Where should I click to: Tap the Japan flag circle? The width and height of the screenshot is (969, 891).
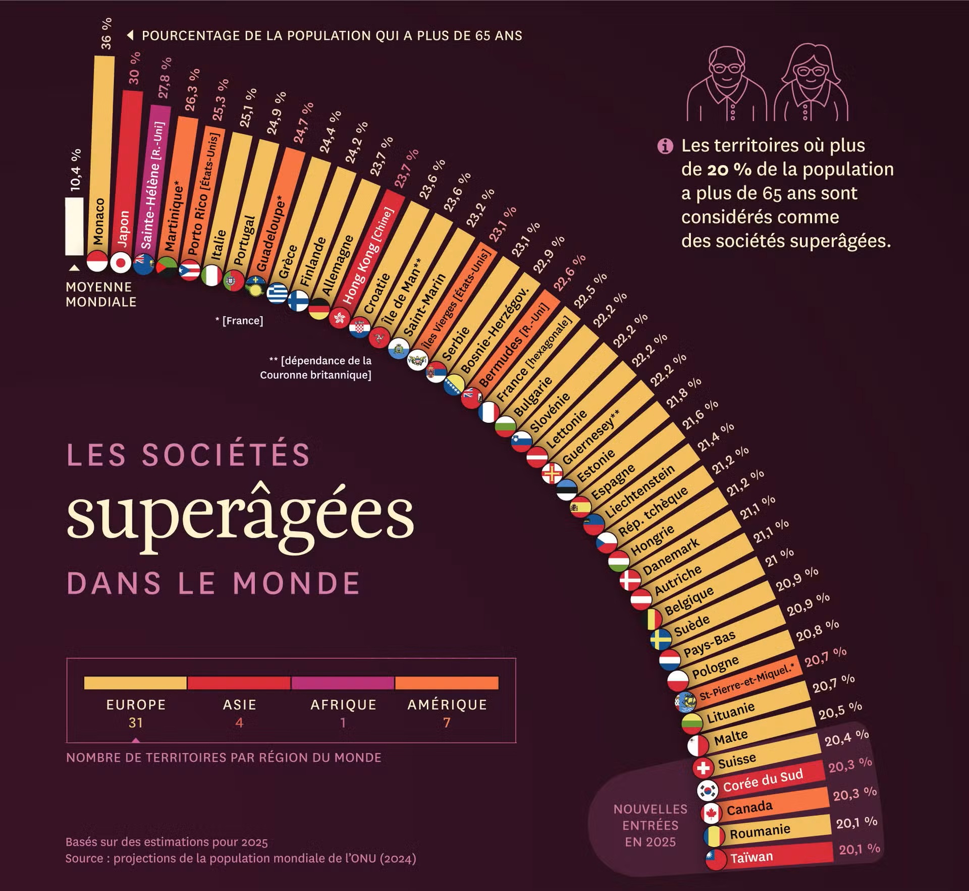pos(121,263)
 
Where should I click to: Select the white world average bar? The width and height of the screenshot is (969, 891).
pos(74,226)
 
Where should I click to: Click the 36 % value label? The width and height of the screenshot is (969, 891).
pos(106,34)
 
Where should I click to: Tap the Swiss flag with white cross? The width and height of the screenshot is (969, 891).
pos(703,768)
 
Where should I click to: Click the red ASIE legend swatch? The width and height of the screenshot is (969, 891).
pos(239,683)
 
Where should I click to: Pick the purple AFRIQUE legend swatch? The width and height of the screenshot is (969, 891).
pos(343,683)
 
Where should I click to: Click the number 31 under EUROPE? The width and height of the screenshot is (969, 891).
pos(135,722)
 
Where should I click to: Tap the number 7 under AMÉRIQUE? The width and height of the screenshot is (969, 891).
pos(447,722)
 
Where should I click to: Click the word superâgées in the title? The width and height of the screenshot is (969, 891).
pos(240,517)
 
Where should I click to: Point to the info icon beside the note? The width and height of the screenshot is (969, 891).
pos(665,146)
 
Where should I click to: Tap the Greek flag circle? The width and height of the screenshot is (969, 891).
pos(277,293)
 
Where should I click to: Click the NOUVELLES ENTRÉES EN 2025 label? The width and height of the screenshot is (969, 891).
pos(650,825)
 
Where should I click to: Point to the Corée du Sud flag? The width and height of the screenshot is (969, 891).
pos(708,790)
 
